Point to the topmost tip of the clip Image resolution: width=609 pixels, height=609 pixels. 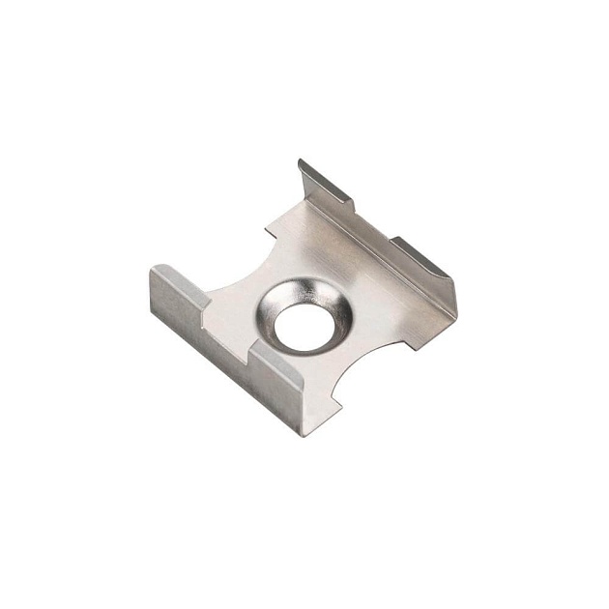[301, 161]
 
